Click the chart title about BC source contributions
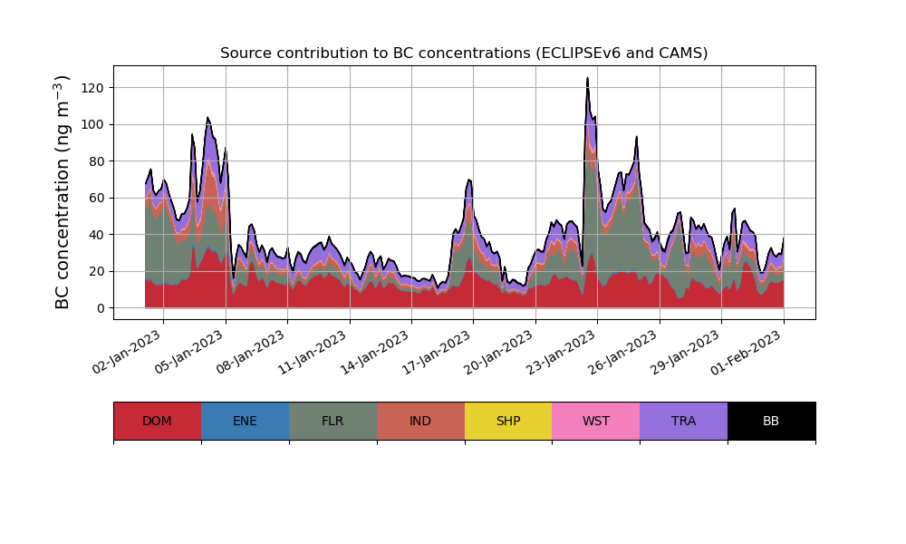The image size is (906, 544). [464, 53]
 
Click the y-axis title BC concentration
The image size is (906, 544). [63, 192]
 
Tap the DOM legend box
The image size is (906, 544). [157, 421]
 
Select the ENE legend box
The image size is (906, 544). [245, 421]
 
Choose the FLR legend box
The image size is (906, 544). [333, 421]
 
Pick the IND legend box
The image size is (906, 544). [420, 421]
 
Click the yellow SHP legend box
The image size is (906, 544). [508, 421]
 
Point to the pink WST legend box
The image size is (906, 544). [596, 421]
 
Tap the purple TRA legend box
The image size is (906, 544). [684, 421]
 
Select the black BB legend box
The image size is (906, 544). [771, 421]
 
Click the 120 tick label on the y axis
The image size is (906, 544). [91, 88]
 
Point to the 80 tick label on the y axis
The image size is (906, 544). [94, 161]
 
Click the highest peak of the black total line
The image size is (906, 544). [587, 78]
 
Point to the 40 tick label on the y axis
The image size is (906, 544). [94, 235]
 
